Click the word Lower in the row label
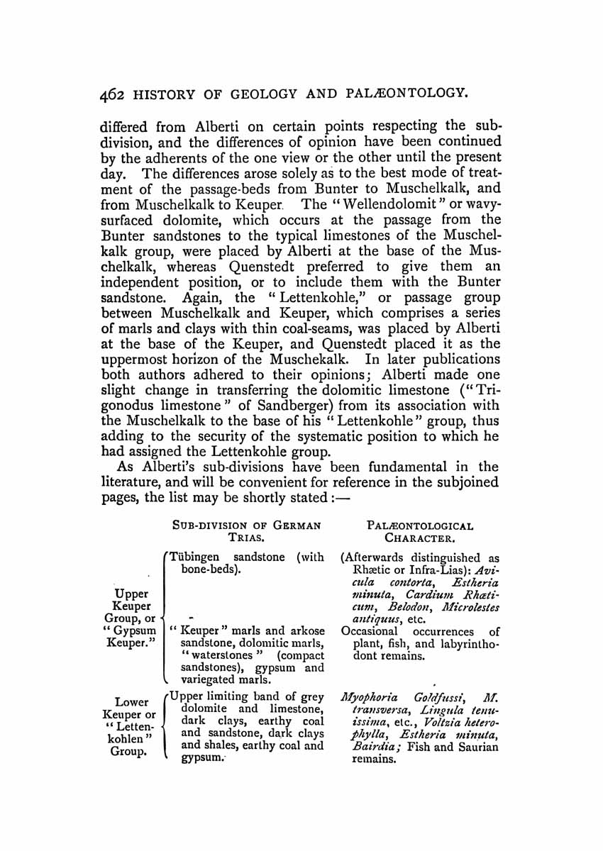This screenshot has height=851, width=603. pyautogui.click(x=135, y=703)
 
